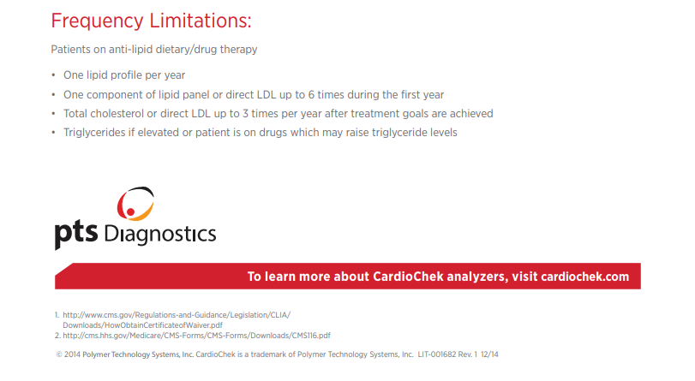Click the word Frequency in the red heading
97,21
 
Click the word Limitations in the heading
200,21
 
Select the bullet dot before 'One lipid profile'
54,75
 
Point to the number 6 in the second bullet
311,95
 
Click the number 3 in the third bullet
245,114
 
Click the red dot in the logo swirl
130,212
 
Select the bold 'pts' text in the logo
75,234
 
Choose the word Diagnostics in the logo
160,235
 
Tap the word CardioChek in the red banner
408,277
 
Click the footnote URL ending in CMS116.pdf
196,336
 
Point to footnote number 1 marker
57,315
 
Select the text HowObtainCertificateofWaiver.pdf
164,325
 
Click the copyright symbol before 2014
59,354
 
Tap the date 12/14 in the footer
489,354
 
